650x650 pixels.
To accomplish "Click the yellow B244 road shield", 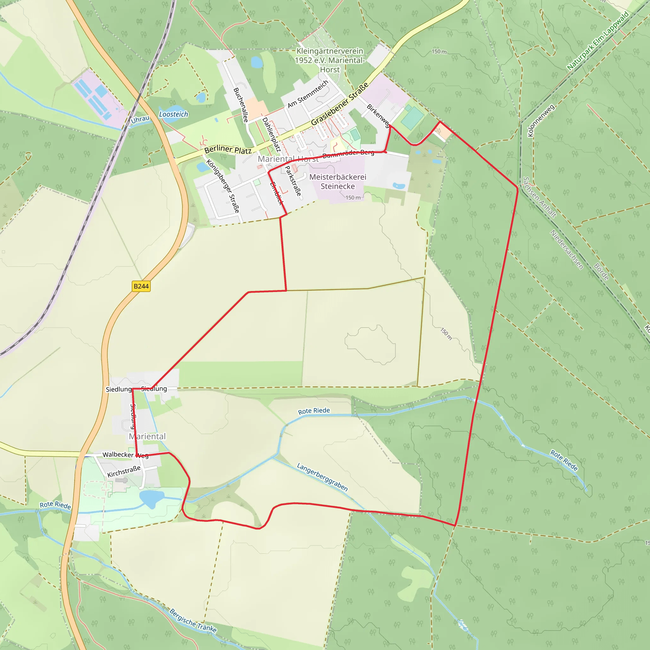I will [x=141, y=286].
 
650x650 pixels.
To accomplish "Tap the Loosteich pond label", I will [x=173, y=114].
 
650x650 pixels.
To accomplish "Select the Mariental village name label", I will [x=147, y=436].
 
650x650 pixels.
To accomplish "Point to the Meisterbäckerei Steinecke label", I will [x=337, y=182].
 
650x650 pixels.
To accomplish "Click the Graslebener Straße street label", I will [x=340, y=104].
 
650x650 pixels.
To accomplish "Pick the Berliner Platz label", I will [x=228, y=150].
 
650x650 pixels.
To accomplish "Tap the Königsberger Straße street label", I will [x=223, y=186].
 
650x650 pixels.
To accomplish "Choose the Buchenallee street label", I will [x=241, y=105].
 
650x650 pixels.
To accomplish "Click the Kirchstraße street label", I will [x=124, y=471].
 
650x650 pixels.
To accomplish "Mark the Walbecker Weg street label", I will [x=125, y=455].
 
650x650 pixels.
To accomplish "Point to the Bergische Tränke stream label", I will [x=193, y=621].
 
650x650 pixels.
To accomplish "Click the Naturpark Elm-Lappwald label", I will [x=598, y=41].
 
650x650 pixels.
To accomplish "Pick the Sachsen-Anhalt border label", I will [x=539, y=197].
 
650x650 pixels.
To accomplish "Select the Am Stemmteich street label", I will [x=308, y=94].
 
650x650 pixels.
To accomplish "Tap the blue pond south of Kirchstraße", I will [x=151, y=498].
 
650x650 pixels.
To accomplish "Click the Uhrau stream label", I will [x=140, y=119].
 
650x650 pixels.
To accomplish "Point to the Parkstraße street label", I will [x=293, y=181].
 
